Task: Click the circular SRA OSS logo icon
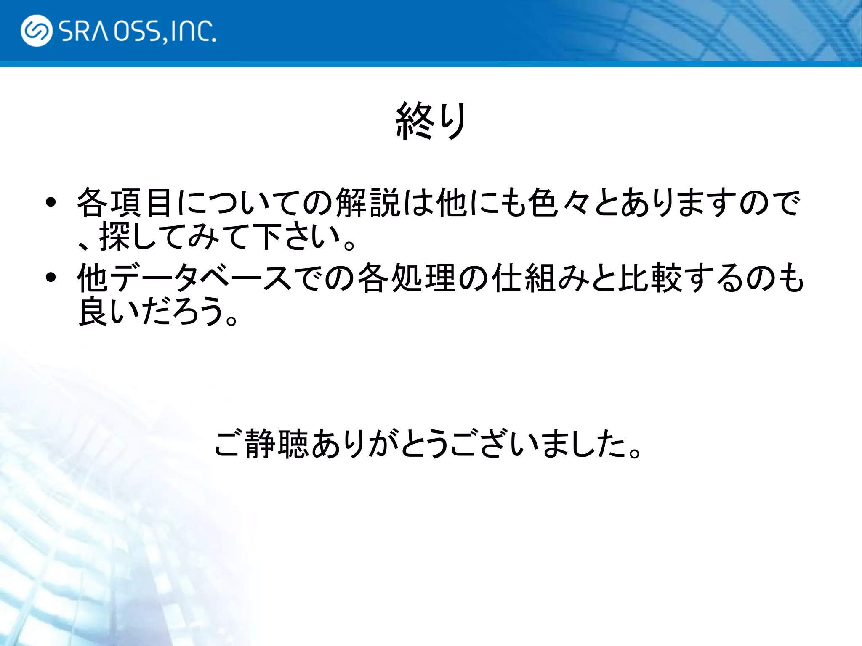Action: (36, 31)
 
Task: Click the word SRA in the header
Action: (84, 32)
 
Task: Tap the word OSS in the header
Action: (137, 32)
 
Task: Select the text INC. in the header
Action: (193, 32)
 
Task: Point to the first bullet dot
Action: (51, 203)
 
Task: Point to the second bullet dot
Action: (51, 278)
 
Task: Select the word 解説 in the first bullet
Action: (368, 203)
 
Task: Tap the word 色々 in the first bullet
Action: (560, 203)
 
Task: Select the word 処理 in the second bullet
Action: (424, 278)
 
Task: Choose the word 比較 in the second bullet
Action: (650, 278)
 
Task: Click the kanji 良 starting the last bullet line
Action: (93, 311)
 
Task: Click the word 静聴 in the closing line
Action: (277, 444)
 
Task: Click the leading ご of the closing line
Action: (229, 444)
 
